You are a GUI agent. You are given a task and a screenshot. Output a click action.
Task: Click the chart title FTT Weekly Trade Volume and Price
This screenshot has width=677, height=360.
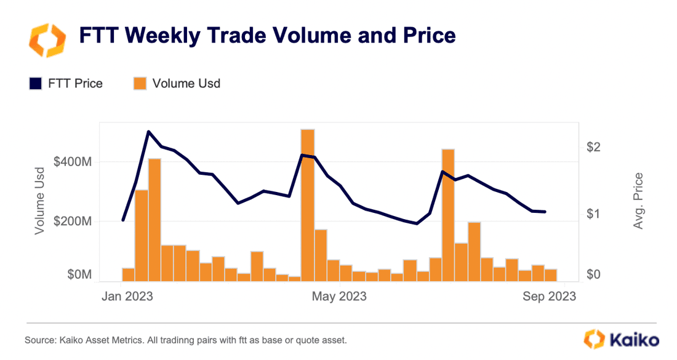point(267,36)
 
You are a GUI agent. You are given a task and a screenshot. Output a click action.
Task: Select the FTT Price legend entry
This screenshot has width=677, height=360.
point(66,84)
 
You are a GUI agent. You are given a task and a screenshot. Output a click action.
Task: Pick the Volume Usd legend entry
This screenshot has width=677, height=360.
point(177,84)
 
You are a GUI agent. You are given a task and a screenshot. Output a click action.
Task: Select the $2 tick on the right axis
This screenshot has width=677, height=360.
point(593,147)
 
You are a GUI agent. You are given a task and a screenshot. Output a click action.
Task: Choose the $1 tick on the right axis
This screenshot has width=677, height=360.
point(593,214)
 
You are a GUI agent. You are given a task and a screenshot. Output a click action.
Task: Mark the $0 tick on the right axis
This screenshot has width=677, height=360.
point(593,274)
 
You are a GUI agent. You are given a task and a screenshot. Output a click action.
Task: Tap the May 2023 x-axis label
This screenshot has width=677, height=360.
point(339,297)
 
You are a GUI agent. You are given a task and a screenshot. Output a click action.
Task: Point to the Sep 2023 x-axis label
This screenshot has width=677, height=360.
point(548,297)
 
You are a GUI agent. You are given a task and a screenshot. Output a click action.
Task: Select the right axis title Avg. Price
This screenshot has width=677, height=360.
point(638,201)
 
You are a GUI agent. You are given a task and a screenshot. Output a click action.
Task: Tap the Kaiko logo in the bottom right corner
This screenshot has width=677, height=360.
point(621,339)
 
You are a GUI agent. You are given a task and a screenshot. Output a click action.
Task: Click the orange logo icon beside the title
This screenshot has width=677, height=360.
point(47,39)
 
